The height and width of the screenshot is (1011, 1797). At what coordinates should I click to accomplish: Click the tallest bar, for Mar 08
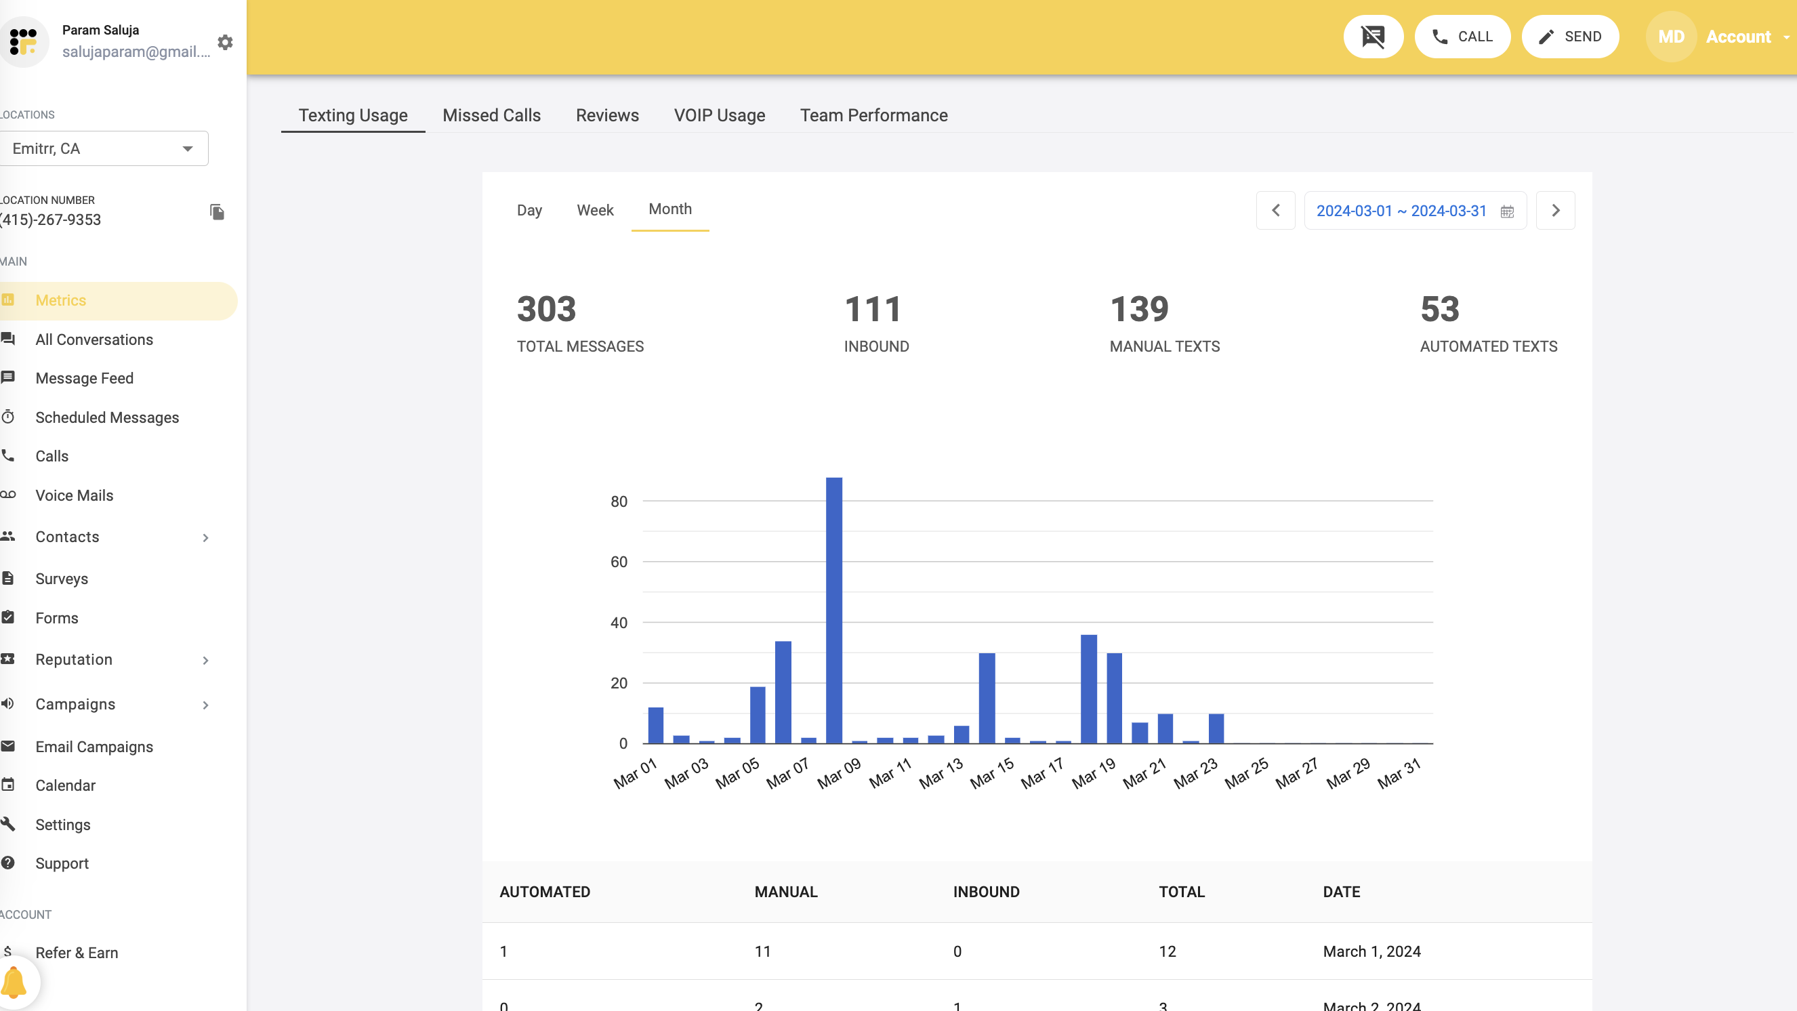click(833, 611)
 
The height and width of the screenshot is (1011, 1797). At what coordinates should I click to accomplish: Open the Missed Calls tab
click(491, 115)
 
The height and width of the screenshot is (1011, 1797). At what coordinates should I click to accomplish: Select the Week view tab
click(594, 210)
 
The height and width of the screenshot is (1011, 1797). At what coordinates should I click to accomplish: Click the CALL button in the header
click(1462, 37)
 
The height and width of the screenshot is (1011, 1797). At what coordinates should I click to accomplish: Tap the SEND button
click(1569, 37)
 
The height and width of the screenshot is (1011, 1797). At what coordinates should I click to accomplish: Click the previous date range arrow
click(1275, 210)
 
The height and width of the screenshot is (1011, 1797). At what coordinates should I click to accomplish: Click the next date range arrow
click(1555, 210)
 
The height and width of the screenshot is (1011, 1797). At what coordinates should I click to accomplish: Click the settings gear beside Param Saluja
click(225, 43)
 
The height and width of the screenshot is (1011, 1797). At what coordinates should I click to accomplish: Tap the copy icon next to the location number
click(217, 212)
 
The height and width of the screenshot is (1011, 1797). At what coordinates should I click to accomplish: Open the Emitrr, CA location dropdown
click(103, 148)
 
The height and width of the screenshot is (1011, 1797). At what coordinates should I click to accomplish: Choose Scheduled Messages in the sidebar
click(107, 417)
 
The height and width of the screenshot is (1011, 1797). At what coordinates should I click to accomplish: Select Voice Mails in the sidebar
click(74, 495)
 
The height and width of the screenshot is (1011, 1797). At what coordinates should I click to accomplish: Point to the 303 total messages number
click(546, 309)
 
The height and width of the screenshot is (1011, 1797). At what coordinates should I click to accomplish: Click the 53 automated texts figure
click(1439, 309)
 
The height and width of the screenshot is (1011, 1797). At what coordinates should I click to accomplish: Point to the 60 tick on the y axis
click(619, 562)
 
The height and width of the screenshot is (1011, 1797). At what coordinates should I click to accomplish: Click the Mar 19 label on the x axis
click(1093, 773)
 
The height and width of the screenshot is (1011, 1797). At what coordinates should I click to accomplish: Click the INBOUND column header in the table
click(986, 892)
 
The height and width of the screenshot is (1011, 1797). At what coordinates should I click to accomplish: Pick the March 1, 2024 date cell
click(1371, 951)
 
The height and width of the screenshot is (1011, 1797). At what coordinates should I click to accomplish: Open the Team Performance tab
click(873, 115)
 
